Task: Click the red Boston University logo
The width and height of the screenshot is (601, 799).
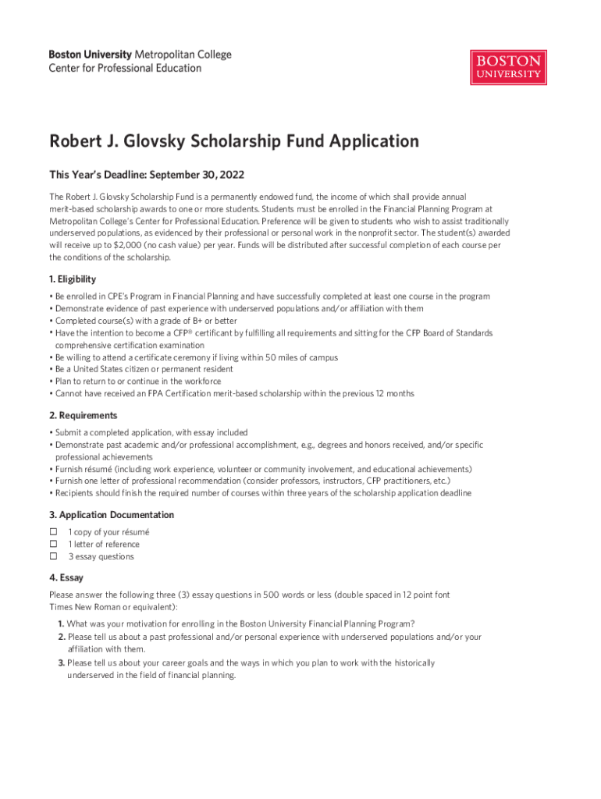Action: (508, 68)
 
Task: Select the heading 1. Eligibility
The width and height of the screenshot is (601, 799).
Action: (73, 279)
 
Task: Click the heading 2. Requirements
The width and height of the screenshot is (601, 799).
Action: (84, 415)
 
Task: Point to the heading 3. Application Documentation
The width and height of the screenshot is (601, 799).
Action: (112, 515)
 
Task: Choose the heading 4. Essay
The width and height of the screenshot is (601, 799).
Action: (69, 578)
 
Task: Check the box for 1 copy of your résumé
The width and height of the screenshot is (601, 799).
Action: (54, 532)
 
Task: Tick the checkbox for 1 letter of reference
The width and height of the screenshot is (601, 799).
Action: (54, 545)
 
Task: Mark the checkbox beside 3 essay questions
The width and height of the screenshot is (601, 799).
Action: (54, 557)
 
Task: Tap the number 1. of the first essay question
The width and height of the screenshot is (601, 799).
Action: (61, 623)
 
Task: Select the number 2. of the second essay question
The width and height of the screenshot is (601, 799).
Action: (61, 637)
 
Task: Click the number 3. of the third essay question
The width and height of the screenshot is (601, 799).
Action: (61, 662)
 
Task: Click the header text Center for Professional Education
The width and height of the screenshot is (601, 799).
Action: (125, 68)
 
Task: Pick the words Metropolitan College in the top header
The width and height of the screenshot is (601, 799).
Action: (183, 55)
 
